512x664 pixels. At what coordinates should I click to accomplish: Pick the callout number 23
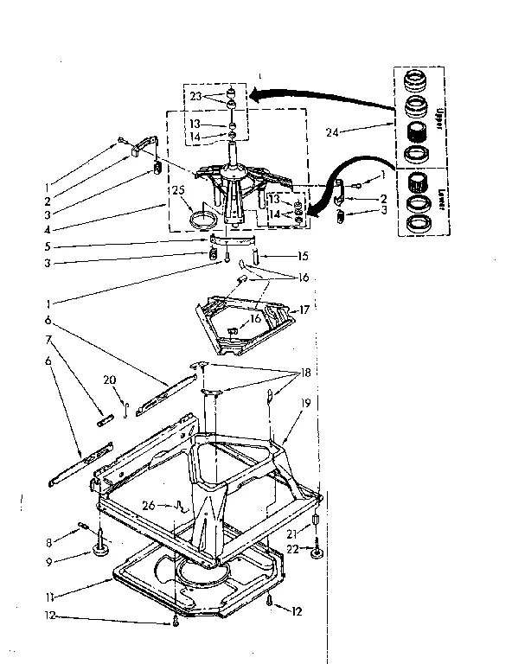pos(195,97)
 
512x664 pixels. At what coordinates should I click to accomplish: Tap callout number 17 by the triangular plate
pos(304,309)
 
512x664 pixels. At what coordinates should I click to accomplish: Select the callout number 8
pos(49,542)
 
